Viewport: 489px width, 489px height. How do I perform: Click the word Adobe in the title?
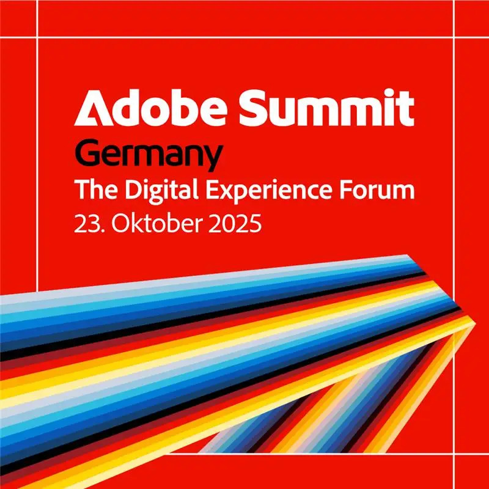(150, 108)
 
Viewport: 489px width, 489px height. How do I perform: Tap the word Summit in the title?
(327, 108)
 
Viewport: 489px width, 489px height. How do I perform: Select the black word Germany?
(149, 157)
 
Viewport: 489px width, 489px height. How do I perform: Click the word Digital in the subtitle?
(161, 190)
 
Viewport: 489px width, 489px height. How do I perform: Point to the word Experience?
(268, 191)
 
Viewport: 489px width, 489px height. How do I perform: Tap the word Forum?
(377, 189)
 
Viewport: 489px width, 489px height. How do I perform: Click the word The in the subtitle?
(97, 189)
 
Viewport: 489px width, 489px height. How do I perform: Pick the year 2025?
(235, 223)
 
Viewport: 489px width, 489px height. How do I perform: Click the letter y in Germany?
(211, 160)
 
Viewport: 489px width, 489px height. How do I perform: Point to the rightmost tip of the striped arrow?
(476, 323)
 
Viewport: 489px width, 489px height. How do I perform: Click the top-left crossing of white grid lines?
(37, 37)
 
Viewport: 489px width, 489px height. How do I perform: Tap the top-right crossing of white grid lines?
(454, 37)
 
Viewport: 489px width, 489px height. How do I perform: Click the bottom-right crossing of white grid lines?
(453, 454)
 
